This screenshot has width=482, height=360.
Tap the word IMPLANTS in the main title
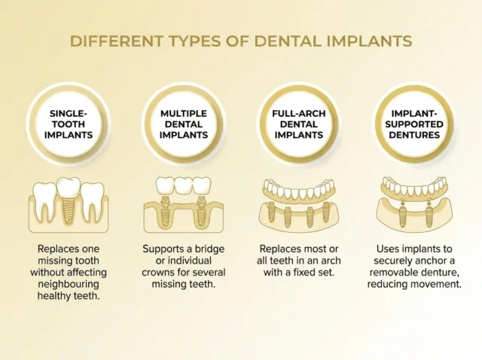click(369, 41)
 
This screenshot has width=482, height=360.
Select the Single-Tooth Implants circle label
click(69, 124)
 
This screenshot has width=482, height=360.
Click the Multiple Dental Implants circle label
click(184, 124)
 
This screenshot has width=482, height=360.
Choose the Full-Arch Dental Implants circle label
click(298, 124)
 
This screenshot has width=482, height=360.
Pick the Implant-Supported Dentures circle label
click(414, 124)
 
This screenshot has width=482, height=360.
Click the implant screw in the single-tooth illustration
click(69, 211)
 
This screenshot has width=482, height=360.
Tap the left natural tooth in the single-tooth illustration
click(45, 201)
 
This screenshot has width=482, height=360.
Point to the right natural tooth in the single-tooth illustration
click(92, 201)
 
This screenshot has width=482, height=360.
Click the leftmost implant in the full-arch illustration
click(271, 212)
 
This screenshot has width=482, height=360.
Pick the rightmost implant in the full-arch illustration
click(326, 212)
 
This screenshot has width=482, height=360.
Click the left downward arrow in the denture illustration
click(401, 203)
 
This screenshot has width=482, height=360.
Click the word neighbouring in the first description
click(69, 284)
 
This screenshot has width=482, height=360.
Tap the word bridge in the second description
click(209, 249)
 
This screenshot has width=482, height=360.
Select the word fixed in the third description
click(302, 272)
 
